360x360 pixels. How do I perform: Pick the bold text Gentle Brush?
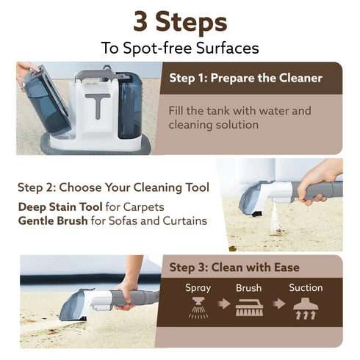(x=57, y=220)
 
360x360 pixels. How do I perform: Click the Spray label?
(x=198, y=288)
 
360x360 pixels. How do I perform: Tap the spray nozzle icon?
(x=198, y=308)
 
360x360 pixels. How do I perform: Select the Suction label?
(x=305, y=288)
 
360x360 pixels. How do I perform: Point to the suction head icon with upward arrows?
(x=305, y=309)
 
